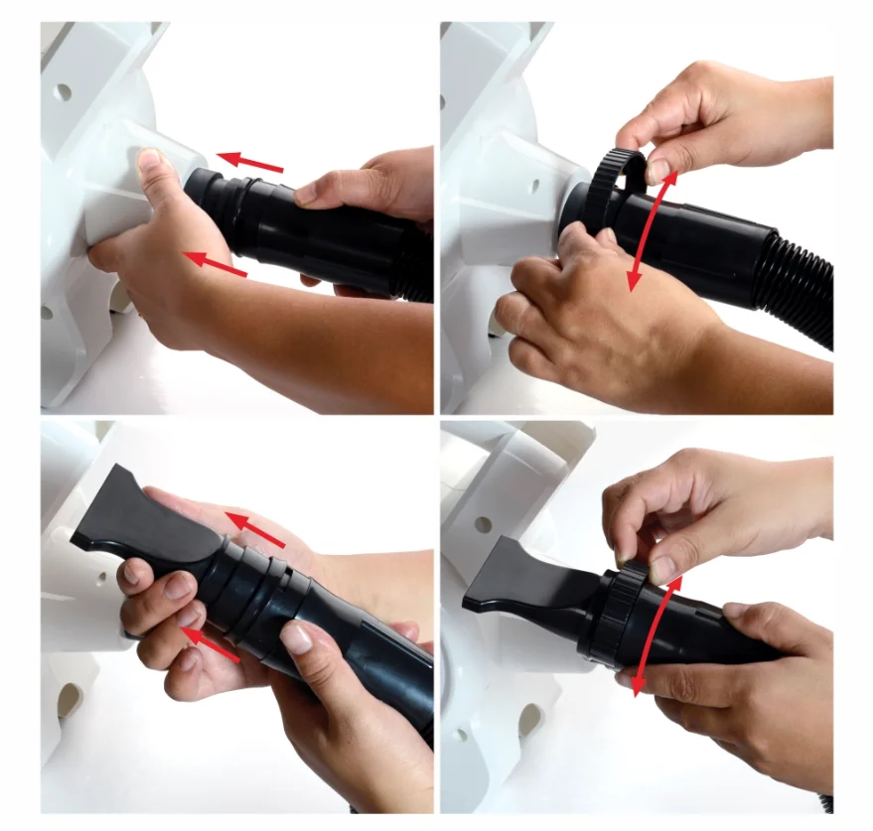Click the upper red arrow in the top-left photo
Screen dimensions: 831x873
point(249,162)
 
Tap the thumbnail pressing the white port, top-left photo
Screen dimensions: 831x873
point(149,160)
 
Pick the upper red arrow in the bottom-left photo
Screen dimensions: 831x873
point(254,529)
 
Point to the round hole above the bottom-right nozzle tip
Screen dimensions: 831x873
point(483,524)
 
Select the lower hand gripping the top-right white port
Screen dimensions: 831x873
point(586,308)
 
